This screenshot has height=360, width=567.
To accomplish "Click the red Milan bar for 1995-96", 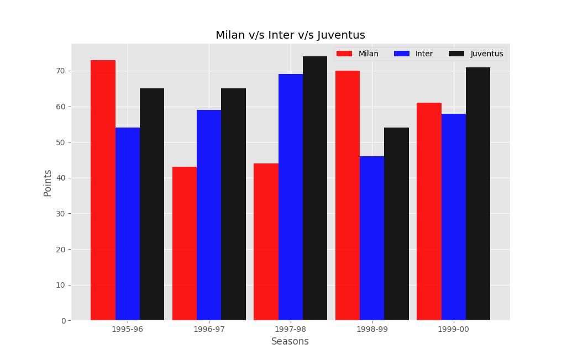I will click(x=103, y=190).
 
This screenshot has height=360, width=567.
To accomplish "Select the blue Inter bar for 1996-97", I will click(x=209, y=215).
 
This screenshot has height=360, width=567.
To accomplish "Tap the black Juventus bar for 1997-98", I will click(x=315, y=188).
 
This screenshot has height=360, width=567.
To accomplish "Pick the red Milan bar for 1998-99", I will click(x=348, y=195).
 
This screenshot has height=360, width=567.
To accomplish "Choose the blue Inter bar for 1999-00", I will click(x=454, y=217).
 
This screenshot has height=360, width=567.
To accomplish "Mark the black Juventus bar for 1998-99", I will click(x=396, y=224).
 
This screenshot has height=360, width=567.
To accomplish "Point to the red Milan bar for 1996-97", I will click(x=185, y=243).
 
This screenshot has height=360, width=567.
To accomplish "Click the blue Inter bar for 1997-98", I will click(x=291, y=197).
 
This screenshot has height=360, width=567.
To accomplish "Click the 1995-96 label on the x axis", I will click(x=128, y=329).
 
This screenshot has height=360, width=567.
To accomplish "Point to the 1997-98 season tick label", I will click(x=291, y=329).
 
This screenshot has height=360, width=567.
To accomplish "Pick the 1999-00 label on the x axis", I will click(x=454, y=329).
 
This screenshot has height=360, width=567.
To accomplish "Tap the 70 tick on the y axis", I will click(x=60, y=71).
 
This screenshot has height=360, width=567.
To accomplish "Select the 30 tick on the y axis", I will click(x=60, y=214).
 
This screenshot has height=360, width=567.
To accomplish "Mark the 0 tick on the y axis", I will click(x=62, y=321).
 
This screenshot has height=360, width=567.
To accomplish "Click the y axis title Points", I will click(x=48, y=183).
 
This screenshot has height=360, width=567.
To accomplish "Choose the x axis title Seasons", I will click(x=290, y=342).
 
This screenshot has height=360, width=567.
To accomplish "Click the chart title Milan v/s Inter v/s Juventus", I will click(x=290, y=35).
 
